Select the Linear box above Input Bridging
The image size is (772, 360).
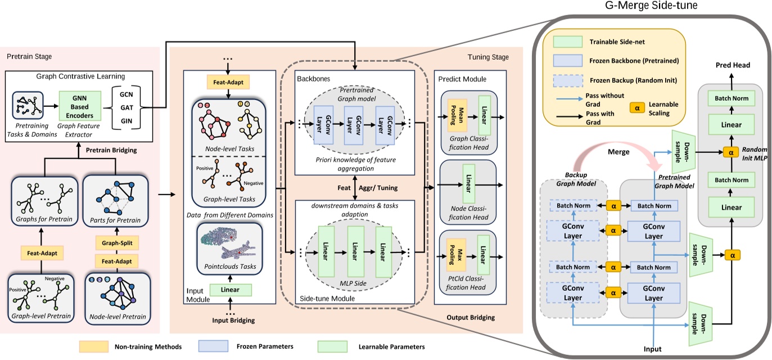[230, 290]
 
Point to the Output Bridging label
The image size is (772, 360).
[471, 318]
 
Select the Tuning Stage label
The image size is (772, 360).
[488, 57]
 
